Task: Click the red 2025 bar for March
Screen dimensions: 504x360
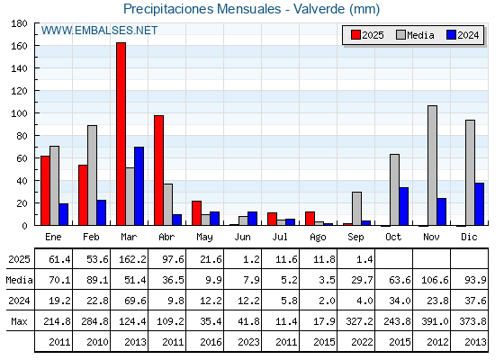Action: pos(121,134)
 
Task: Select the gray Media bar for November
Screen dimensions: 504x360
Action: pos(433,166)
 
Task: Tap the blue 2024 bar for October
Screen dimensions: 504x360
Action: pos(404,206)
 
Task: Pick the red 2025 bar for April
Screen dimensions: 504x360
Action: pos(158,170)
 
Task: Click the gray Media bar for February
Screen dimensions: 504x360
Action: pos(92,175)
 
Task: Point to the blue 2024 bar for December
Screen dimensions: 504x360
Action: pos(479,204)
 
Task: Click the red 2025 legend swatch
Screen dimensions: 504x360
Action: pos(355,35)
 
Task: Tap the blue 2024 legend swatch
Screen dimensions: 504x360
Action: pos(452,35)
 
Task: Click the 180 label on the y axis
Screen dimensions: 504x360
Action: pos(19,23)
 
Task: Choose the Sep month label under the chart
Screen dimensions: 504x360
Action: pos(355,237)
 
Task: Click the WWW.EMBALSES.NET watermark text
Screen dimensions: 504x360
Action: pos(99,31)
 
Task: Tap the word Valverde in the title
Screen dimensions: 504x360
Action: pos(319,9)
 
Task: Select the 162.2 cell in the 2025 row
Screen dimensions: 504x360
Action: pos(132,259)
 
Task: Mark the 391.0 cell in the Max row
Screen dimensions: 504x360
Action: pos(435,321)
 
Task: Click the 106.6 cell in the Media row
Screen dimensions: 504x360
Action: pos(435,280)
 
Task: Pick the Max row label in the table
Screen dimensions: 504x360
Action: pos(19,321)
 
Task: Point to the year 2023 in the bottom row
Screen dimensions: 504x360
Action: pos(248,342)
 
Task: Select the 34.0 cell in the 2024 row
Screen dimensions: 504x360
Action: pos(400,301)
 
